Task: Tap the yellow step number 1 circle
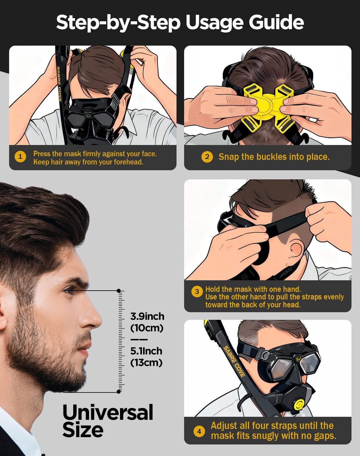pyautogui.click(x=20, y=157)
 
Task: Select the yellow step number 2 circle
pyautogui.click(x=207, y=157)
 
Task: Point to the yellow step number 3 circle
pyautogui.click(x=197, y=292)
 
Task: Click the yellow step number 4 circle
pyautogui.click(x=199, y=431)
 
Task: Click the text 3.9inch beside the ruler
pyautogui.click(x=147, y=316)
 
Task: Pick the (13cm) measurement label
pyautogui.click(x=146, y=363)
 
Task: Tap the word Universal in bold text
pyautogui.click(x=108, y=413)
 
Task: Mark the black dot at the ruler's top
pyautogui.click(x=119, y=291)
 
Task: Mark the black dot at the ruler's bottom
pyautogui.click(x=119, y=392)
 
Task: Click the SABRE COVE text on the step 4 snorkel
pyautogui.click(x=234, y=361)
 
